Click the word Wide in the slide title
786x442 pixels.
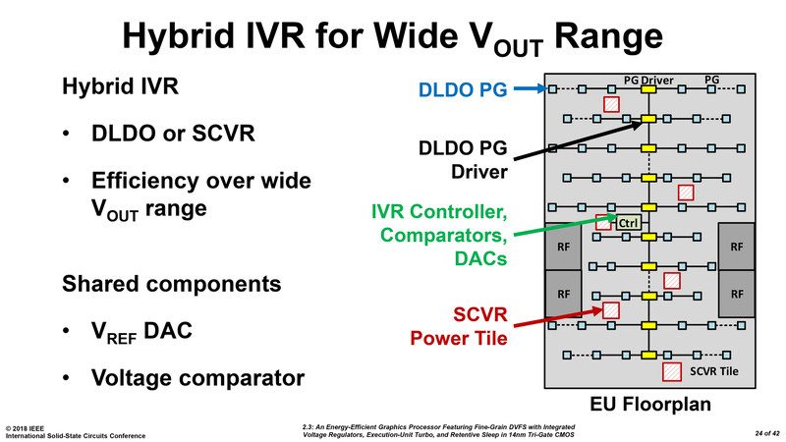(414, 36)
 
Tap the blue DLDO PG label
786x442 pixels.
(463, 89)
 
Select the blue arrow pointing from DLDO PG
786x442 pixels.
(530, 88)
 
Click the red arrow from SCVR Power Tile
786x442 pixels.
(558, 318)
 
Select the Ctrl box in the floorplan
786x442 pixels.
(628, 223)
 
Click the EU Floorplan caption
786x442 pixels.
(650, 404)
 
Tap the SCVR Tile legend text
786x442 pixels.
(714, 371)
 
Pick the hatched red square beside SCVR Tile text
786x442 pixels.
(672, 371)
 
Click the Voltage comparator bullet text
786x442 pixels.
(198, 378)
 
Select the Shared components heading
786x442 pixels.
(171, 284)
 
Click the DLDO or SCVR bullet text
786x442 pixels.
(173, 134)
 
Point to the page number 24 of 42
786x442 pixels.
(767, 433)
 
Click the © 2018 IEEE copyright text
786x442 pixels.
(25, 429)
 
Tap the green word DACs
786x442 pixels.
(480, 258)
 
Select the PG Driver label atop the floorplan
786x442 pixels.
(648, 81)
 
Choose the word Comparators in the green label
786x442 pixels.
(444, 235)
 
